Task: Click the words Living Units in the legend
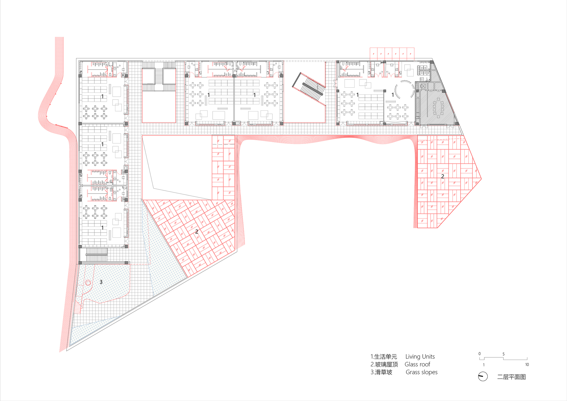[x=420, y=356]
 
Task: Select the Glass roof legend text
[x=417, y=364]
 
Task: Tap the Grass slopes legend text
[x=422, y=372]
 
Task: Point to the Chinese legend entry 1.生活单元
[x=384, y=357]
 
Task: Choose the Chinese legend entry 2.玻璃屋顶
[x=384, y=364]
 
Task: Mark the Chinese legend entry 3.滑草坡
[x=381, y=372]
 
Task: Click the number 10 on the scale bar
[x=527, y=365]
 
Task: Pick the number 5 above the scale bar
[x=503, y=354]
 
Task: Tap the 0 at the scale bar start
[x=479, y=354]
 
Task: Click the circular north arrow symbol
[x=483, y=377]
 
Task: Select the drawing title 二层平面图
[x=511, y=377]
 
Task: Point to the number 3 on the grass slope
[x=101, y=282]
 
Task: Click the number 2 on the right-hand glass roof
[x=443, y=176]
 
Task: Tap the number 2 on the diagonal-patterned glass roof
[x=196, y=232]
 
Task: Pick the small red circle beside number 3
[x=88, y=283]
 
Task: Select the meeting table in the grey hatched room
[x=438, y=108]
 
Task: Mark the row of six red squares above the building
[x=392, y=54]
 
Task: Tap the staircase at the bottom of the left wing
[x=97, y=254]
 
